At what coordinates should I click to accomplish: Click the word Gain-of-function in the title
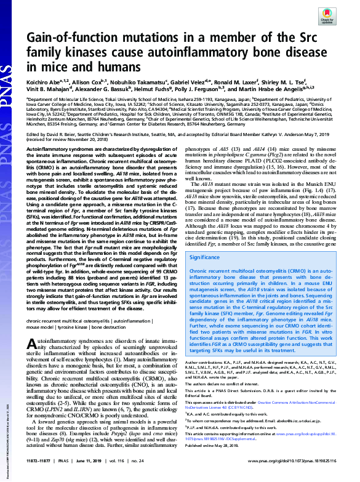tap(68, 39)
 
